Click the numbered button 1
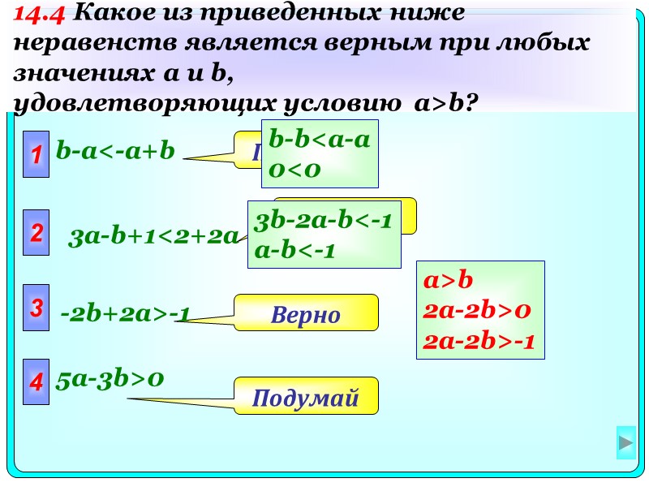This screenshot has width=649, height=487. pos(37,151)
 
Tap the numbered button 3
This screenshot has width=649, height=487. pos(37,308)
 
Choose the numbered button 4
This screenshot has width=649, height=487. pos(37,381)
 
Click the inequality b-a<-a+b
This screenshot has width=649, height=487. pos(115,151)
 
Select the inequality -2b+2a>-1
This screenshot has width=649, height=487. pos(125,312)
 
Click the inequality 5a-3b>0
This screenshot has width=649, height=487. pos(110,378)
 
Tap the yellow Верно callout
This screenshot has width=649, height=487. pos(306,314)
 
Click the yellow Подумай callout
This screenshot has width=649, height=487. pos(306,397)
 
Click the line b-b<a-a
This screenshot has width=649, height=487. pos(320,140)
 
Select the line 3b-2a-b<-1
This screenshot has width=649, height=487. pos(324,221)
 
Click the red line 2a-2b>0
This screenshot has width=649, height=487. pos(477,310)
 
